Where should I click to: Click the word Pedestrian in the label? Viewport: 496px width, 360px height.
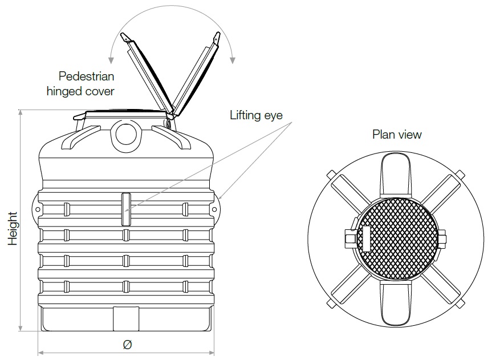86,76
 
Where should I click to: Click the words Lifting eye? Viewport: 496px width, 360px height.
256,115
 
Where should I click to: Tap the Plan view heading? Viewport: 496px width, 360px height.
397,134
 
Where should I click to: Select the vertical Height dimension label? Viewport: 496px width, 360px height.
13,229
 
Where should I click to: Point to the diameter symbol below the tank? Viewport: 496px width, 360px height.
127,344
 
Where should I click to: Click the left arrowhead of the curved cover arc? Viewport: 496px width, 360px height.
111,60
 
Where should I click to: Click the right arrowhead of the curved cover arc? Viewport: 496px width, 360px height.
233,60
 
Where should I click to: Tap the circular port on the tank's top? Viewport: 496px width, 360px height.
126,134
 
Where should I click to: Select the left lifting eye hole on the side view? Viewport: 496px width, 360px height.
37,209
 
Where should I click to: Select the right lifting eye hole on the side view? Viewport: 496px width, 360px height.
214,209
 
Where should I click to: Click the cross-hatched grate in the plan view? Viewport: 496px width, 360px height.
397,238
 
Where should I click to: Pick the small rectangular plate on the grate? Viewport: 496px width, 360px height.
366,238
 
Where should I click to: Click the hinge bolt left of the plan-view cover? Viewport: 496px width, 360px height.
349,238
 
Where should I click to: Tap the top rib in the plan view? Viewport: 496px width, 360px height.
396,175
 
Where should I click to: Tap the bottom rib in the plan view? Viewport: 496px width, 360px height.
396,304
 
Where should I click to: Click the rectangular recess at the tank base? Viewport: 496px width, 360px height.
126,318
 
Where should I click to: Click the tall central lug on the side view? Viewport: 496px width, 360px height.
126,209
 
